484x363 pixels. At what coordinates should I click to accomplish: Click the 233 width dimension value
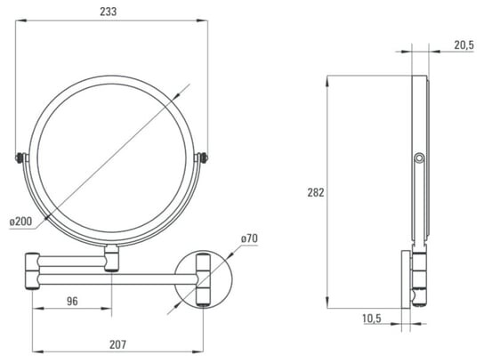(x=109, y=12)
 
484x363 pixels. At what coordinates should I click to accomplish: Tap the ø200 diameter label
(x=20, y=222)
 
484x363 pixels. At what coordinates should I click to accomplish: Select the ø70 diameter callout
(x=249, y=238)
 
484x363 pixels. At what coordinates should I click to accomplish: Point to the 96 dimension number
(x=72, y=301)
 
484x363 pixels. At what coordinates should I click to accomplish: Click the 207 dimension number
(x=118, y=344)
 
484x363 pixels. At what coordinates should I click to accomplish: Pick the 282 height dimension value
(x=316, y=192)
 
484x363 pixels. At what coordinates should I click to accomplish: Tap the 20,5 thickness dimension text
(x=464, y=45)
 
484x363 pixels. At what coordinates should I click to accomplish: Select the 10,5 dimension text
(x=372, y=318)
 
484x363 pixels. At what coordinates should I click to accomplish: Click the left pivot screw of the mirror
(x=20, y=158)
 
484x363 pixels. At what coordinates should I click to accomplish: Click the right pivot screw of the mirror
(x=204, y=158)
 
